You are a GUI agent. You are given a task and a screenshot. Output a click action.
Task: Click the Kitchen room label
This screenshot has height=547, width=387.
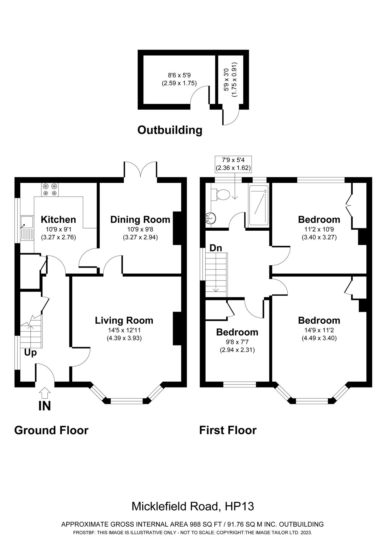click(x=58, y=219)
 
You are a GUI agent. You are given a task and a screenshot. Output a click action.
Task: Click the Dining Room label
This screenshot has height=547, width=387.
click(x=140, y=219)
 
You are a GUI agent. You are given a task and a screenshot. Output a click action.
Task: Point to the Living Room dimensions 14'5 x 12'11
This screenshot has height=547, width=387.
click(x=124, y=330)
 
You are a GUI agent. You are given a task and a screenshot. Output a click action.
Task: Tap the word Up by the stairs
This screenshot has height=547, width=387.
click(x=30, y=353)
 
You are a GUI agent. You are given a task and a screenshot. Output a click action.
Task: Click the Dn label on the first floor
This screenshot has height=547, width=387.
click(x=216, y=248)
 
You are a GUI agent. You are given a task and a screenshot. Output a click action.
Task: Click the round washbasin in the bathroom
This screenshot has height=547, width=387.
click(x=211, y=218)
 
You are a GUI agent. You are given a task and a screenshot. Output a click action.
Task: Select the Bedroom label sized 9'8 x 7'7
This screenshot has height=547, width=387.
click(x=237, y=332)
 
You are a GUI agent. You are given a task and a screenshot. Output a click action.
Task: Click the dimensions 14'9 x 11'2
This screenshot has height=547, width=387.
click(x=319, y=330)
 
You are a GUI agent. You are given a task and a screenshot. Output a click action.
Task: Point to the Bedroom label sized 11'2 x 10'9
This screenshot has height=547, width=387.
click(x=319, y=219)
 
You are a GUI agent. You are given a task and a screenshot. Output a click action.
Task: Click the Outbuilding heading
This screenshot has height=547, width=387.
click(x=170, y=130)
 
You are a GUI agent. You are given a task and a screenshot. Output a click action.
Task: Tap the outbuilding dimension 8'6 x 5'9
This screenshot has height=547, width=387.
click(x=179, y=74)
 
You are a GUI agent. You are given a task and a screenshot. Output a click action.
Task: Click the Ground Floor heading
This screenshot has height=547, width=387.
click(x=51, y=430)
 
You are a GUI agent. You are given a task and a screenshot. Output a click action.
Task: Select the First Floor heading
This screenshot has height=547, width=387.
click(x=228, y=430)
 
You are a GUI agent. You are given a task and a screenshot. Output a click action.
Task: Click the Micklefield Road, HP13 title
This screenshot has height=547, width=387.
click(x=193, y=506)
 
